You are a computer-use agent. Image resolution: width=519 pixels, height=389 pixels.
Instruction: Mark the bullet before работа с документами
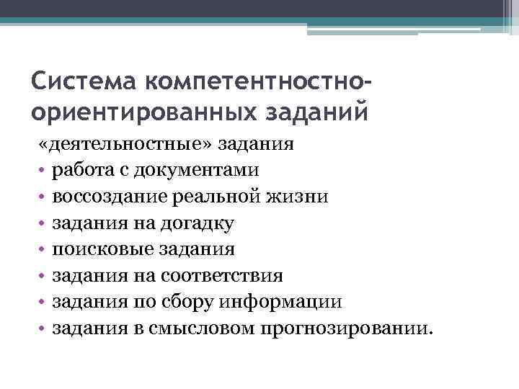(x=43, y=171)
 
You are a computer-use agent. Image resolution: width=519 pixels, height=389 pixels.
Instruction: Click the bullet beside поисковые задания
(x=43, y=250)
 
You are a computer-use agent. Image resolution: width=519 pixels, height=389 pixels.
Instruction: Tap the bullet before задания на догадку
(x=43, y=223)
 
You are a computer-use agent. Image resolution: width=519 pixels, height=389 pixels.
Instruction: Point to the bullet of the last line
(x=43, y=329)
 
